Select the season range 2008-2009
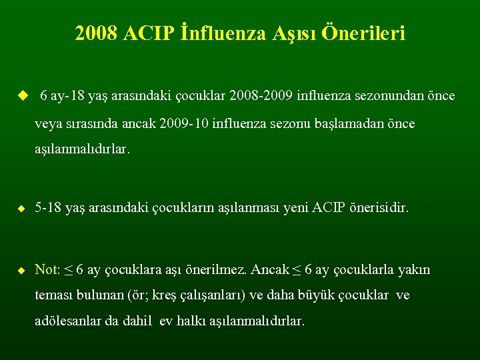coord(263,97)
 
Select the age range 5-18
coord(49,209)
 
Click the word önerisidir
coord(376,209)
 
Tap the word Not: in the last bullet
coord(47,270)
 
